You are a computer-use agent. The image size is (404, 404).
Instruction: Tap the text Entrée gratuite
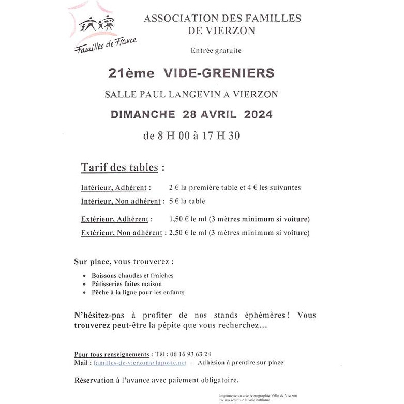pyautogui.click(x=216, y=51)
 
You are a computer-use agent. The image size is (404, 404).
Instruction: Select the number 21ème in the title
pyautogui.click(x=131, y=73)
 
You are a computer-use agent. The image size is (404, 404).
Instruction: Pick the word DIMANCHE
pyautogui.click(x=143, y=114)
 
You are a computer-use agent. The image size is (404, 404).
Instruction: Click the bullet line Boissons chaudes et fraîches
pyautogui.click(x=132, y=276)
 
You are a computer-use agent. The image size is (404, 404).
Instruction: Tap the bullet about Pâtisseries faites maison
pyautogui.click(x=127, y=284)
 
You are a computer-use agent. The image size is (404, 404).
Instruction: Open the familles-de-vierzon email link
pyautogui.click(x=140, y=363)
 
